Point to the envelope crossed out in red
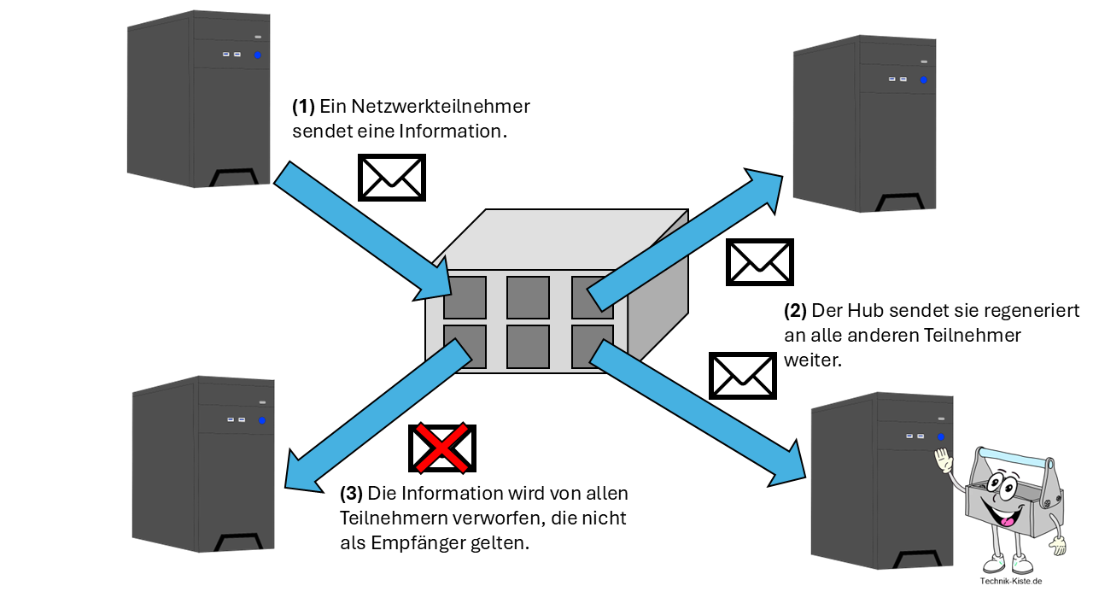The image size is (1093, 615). [x=442, y=448]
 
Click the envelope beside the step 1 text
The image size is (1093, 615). [x=391, y=178]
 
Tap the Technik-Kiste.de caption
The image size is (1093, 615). [x=1013, y=582]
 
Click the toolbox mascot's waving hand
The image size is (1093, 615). [x=944, y=463]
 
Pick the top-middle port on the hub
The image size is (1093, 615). [x=528, y=297]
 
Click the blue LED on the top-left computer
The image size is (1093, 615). [x=257, y=55]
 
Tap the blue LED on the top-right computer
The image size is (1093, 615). [x=923, y=79]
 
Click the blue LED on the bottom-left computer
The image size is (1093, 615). [x=261, y=420]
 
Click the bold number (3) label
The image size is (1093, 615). [x=352, y=494]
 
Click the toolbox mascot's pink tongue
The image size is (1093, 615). [x=1008, y=520]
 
